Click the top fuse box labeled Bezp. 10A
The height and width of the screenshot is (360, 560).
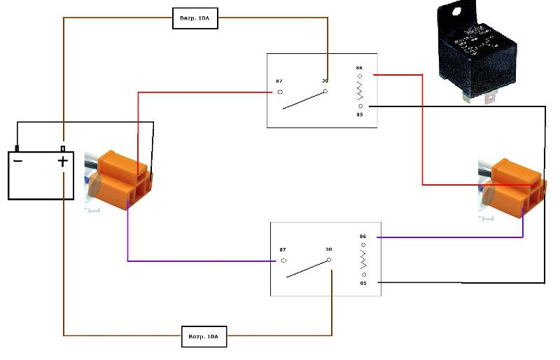(x=195, y=18)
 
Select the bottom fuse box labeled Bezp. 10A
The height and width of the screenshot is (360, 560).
(x=204, y=336)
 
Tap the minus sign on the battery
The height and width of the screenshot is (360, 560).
(x=18, y=161)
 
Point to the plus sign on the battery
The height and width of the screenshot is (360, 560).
(x=63, y=162)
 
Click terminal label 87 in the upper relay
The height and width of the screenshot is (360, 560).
(x=279, y=81)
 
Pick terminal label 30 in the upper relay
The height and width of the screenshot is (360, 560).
(x=325, y=81)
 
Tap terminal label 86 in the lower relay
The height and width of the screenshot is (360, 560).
(x=363, y=237)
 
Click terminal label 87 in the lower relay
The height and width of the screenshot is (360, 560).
(x=283, y=249)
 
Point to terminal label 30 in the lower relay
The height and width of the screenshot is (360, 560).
(x=328, y=249)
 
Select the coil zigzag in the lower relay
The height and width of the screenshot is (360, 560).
(x=363, y=260)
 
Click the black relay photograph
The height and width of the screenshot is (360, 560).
(x=475, y=49)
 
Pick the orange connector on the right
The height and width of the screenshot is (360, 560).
(x=517, y=184)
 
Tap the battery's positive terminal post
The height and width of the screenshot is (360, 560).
(x=63, y=148)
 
